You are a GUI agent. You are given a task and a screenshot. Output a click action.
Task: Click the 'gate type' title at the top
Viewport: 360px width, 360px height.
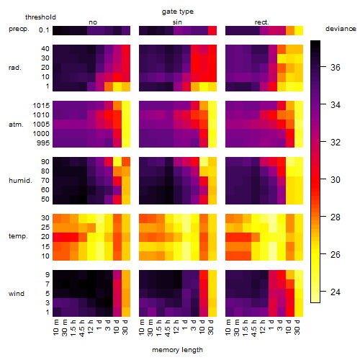[178, 12]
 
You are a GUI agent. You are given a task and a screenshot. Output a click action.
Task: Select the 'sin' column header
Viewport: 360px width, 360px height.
[177, 22]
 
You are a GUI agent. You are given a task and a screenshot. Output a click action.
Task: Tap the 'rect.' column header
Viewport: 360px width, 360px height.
[262, 22]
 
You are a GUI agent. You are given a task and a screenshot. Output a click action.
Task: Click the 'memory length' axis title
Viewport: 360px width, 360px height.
[178, 350]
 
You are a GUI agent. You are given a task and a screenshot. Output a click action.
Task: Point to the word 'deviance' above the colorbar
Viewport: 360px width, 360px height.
[341, 29]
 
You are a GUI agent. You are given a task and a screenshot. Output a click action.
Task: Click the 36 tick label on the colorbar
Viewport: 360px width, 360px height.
[336, 68]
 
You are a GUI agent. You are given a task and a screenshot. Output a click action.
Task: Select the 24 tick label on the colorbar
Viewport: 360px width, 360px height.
[336, 292]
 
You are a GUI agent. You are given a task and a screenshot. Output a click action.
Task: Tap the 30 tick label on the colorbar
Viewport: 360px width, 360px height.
[336, 180]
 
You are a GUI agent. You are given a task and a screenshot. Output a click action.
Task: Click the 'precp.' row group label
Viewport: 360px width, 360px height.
[19, 29]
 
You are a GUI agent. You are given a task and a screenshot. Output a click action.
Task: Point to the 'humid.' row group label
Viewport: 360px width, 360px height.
[20, 181]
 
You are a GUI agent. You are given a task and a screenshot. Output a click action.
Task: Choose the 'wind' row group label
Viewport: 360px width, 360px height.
[17, 294]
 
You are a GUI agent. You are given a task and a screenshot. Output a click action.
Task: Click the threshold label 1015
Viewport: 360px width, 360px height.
[41, 106]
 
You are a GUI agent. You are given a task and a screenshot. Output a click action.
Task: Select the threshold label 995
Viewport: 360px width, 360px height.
[43, 143]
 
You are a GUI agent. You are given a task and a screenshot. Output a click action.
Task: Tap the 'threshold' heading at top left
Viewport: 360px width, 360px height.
[40, 17]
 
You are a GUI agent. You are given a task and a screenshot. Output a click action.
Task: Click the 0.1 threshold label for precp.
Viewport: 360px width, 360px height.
[44, 30]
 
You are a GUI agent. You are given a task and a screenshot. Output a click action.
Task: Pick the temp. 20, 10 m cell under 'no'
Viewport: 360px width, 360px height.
[57, 237]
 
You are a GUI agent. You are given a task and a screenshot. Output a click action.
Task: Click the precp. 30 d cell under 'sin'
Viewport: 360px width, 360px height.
[212, 31]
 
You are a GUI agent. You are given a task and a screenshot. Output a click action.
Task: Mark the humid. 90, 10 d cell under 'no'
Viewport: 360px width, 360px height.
[117, 162]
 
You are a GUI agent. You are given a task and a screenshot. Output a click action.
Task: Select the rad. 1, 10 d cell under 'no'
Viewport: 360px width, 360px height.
[117, 87]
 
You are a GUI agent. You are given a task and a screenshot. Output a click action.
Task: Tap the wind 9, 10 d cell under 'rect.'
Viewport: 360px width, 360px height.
[290, 275]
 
